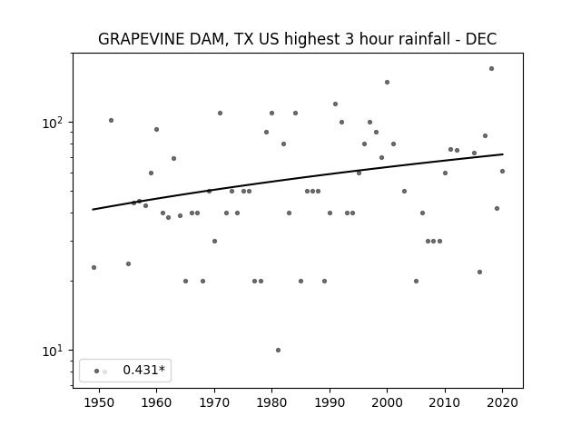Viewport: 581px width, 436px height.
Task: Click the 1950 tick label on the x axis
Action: point(99,403)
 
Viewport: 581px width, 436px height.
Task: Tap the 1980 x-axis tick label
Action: point(271,403)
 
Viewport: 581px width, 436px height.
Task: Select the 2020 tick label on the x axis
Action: point(502,403)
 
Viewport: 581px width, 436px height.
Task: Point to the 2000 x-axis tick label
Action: point(387,403)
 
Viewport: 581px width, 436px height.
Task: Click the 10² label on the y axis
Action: point(53,123)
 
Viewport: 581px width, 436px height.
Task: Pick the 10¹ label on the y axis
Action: point(53,351)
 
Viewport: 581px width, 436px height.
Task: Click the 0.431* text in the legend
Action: point(143,370)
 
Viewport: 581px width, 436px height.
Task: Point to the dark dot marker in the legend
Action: point(97,372)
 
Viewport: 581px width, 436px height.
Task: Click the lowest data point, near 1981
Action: point(279,350)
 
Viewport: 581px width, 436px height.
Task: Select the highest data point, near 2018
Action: point(491,69)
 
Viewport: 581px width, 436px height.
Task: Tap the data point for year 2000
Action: point(388,83)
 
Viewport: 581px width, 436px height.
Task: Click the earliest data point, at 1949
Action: point(94,267)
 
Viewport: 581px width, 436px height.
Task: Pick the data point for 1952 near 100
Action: point(111,121)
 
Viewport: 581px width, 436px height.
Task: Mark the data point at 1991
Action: point(335,104)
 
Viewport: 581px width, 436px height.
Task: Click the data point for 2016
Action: point(480,272)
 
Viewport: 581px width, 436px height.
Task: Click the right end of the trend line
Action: point(503,154)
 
